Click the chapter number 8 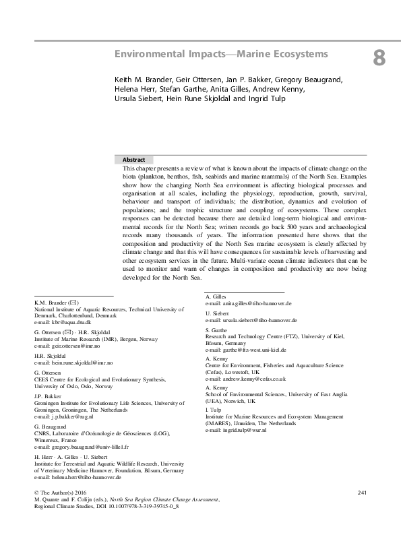click(379, 59)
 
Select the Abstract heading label click(133, 160)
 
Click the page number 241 click(362, 494)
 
